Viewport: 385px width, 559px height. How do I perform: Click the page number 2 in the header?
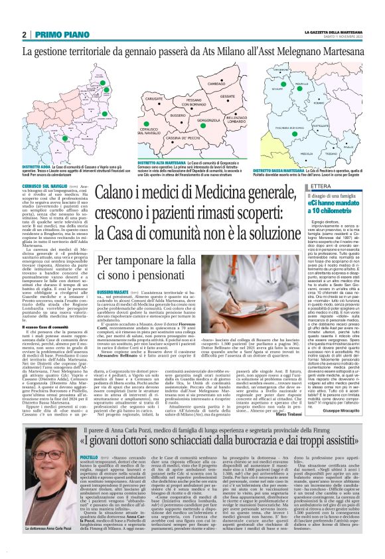(x=24, y=35)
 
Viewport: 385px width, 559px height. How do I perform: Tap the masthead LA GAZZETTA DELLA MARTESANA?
(x=333, y=32)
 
